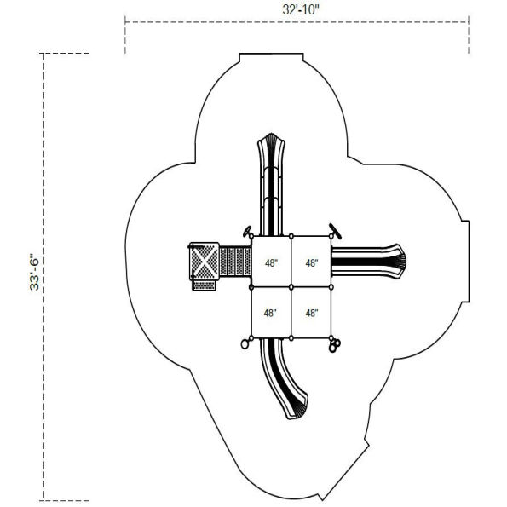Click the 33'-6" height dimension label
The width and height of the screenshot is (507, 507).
35,271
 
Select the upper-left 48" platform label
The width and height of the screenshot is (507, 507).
270,263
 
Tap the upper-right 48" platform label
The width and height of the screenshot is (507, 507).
311,263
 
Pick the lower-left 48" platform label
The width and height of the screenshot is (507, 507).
270,313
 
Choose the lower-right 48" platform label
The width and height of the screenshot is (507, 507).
311,313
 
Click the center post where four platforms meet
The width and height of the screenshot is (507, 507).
291,288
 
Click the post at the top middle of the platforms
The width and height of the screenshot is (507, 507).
291,236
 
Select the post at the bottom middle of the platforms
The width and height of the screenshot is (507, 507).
291,338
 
